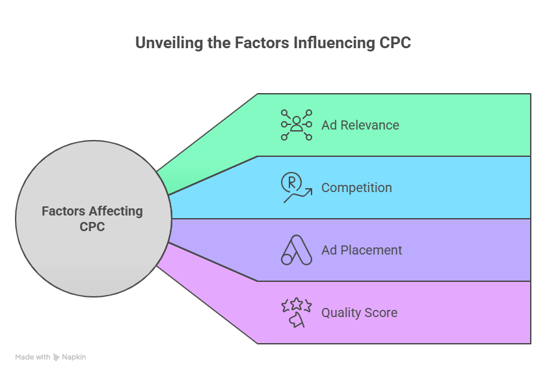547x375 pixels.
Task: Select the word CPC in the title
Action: [x=394, y=44]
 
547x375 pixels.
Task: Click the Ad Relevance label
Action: [x=360, y=125]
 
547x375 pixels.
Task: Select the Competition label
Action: [x=356, y=187]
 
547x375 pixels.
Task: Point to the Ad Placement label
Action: [x=362, y=250]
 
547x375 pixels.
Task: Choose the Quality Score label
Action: [x=359, y=312]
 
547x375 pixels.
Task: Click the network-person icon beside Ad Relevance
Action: [x=297, y=125]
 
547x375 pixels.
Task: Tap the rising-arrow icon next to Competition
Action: [x=296, y=187]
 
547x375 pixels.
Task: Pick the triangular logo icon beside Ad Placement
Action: [x=297, y=250]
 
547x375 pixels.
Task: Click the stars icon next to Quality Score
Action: [x=296, y=312]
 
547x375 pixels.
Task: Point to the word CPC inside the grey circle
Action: [x=92, y=227]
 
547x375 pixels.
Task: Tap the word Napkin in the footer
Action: [x=74, y=357]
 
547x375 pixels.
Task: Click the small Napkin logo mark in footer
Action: [x=57, y=357]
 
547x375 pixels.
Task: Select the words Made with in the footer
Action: [x=33, y=357]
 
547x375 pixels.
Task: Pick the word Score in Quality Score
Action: [x=381, y=312]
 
